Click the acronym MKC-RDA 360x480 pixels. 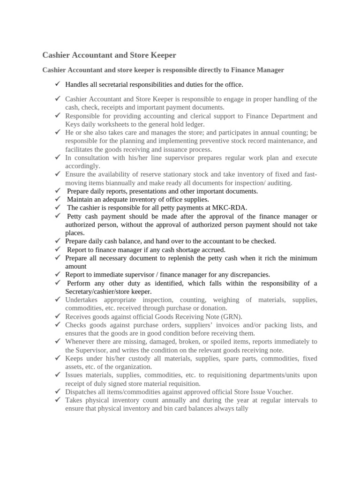[x=230, y=208]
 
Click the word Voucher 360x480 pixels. [x=279, y=392]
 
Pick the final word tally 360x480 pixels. [x=240, y=408]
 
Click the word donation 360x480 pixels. [x=212, y=308]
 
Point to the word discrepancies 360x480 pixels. [x=248, y=275]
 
